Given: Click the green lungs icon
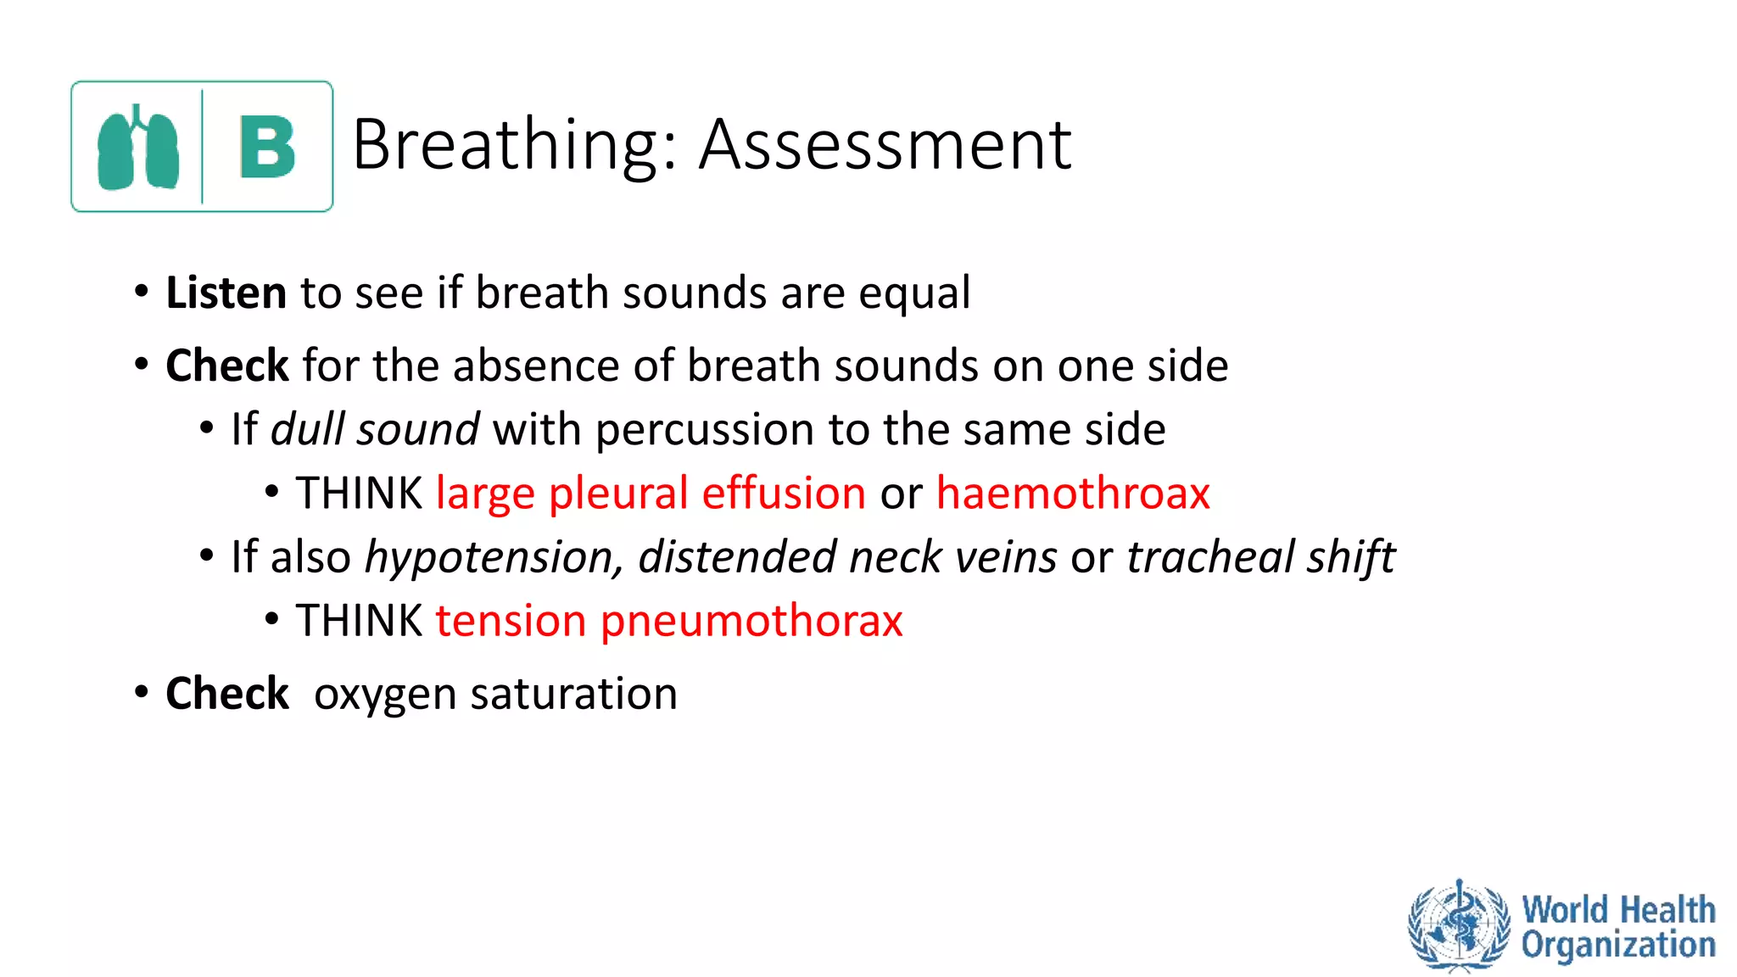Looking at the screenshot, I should (138, 148).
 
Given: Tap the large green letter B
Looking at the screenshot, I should (267, 148).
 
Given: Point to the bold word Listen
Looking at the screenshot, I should (226, 293).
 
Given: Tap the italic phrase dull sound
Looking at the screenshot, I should (375, 429).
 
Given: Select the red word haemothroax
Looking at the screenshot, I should (1072, 494).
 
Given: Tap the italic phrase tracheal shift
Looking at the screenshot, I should (1259, 557).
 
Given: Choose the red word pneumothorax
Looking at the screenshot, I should (751, 622).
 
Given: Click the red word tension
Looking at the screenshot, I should (511, 622).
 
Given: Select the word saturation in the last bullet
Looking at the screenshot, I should (573, 694).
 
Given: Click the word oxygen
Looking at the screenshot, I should (386, 695).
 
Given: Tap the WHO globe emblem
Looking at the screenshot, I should (1458, 925).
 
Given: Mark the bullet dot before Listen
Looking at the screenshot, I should (142, 292).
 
